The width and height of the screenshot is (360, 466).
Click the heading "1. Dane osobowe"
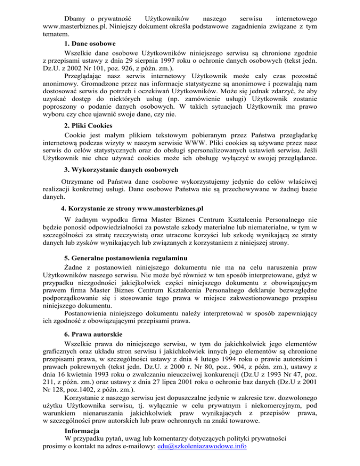(x=90, y=48)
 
